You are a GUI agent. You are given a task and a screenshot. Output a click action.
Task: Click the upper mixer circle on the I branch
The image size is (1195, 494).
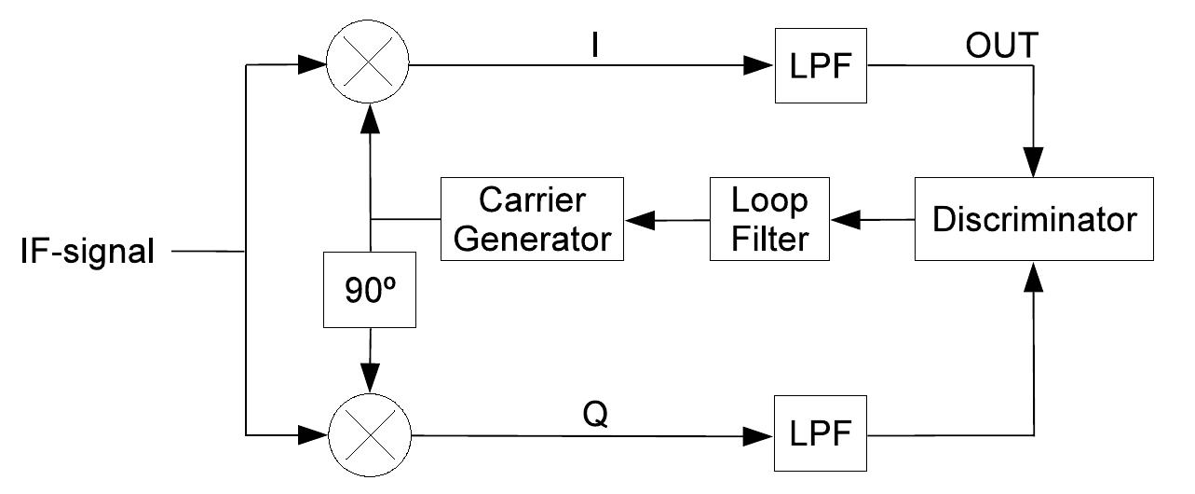371,66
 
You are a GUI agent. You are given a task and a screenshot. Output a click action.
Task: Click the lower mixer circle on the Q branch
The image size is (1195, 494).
371,433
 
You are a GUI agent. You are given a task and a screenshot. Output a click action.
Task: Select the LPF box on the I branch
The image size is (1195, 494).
821,66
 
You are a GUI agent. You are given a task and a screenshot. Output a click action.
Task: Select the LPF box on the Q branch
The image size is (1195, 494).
821,433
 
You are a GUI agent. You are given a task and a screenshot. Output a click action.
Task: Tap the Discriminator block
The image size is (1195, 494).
1034,219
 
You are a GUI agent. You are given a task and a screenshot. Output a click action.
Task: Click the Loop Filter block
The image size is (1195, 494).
768,219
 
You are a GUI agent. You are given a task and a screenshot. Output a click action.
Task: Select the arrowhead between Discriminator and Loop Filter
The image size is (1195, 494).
845,220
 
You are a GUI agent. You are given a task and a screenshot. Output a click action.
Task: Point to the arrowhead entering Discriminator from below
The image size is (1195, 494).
1034,274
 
